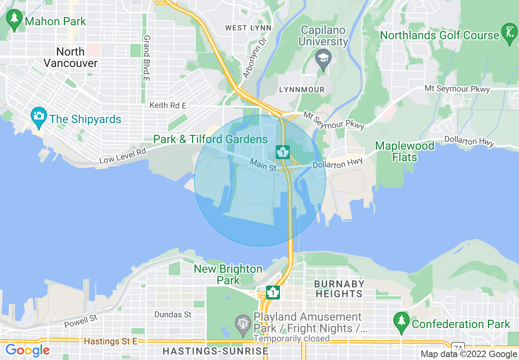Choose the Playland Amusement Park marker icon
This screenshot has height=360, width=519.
pos(243,323)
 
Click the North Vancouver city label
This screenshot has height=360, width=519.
pos(70,57)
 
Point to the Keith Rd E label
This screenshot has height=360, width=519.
pos(168,105)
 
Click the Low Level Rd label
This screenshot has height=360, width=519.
pos(122,155)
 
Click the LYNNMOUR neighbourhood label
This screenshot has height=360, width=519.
pos(301,90)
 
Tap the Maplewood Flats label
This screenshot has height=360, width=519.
pos(405,151)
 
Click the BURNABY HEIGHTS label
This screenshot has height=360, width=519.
pos(338,289)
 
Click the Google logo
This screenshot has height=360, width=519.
pos(27,350)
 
